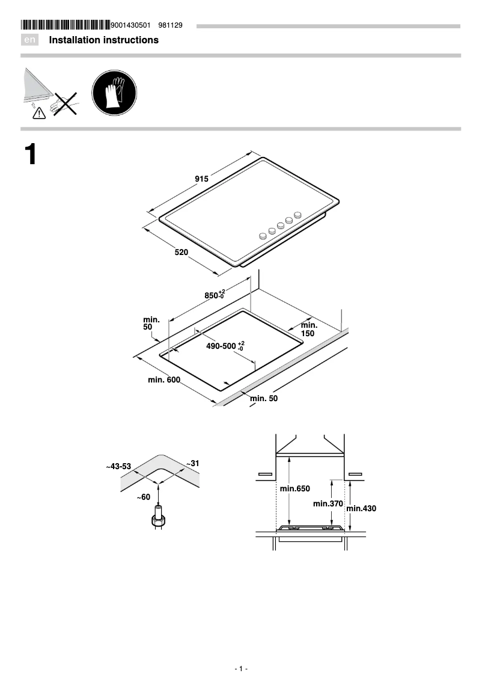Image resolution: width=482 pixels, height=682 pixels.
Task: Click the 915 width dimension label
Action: click(201, 179)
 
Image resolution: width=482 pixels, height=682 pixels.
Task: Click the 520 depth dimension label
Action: click(182, 252)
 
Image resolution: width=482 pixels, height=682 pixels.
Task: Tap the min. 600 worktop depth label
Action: click(164, 379)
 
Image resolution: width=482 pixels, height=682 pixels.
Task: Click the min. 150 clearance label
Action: click(308, 329)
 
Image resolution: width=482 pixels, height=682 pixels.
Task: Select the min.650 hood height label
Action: click(294, 489)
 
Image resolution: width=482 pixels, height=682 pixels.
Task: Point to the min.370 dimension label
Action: click(328, 503)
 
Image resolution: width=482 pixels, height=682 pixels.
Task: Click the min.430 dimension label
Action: click(361, 508)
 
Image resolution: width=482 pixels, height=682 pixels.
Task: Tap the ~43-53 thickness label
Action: click(118, 466)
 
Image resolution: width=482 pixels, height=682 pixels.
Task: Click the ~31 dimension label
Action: click(192, 464)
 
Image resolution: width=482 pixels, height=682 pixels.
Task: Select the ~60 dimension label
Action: click(143, 497)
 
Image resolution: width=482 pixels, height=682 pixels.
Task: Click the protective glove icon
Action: click(114, 94)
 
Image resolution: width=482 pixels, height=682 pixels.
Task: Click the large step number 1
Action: click(31, 155)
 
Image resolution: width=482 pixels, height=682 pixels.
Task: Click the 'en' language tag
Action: click(30, 40)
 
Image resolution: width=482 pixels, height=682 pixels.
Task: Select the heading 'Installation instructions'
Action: click(103, 40)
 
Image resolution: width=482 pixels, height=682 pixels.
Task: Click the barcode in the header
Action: click(66, 25)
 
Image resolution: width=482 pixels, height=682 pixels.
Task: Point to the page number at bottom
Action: click(241, 669)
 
